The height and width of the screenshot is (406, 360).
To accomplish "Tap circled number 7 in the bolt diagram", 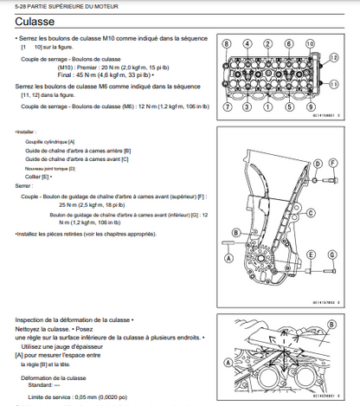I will (228, 106).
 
